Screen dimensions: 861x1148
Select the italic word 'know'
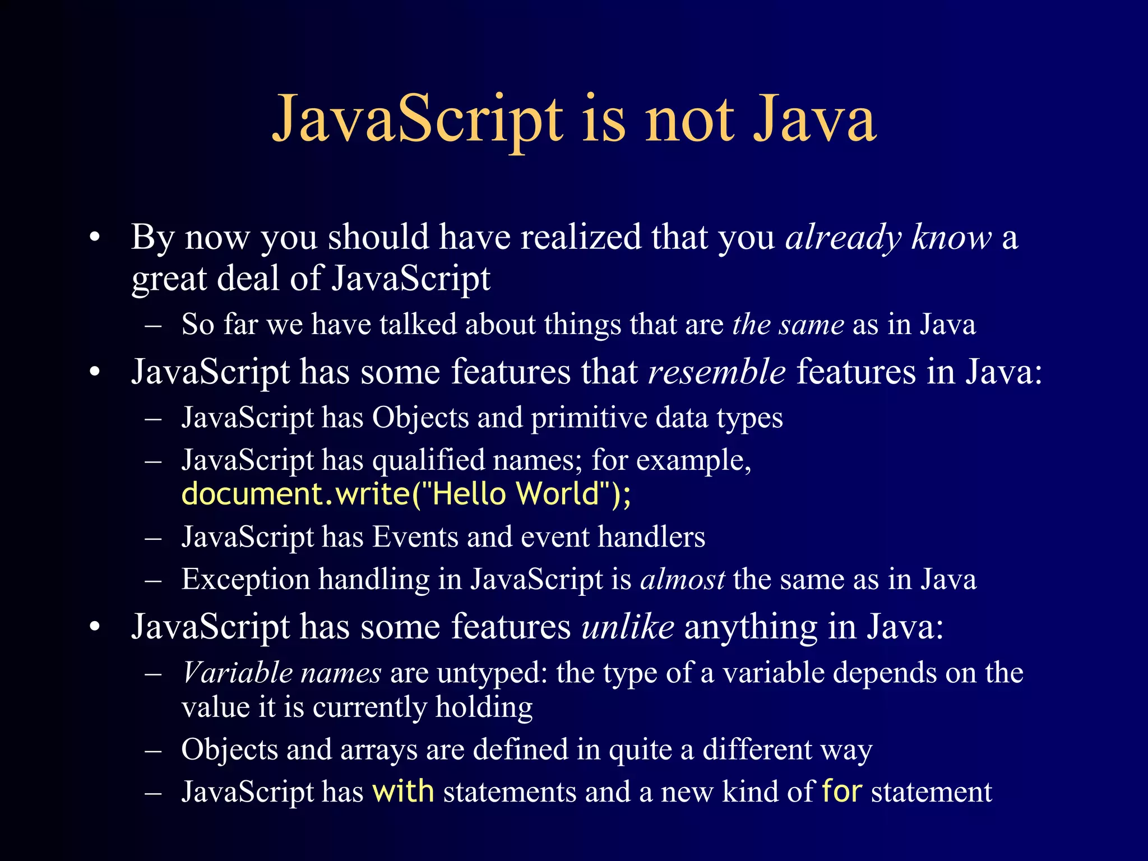951,237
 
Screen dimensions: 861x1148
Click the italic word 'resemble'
717,372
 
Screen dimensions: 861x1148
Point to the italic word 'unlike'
628,626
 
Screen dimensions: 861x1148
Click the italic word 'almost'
683,579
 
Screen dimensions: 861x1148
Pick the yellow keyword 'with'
403,791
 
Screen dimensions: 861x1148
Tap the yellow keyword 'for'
841,791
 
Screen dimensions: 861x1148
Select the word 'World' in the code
558,494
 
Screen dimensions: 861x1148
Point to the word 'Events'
415,537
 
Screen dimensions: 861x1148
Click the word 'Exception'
246,580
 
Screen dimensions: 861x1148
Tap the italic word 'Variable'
237,673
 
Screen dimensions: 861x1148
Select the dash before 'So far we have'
153,325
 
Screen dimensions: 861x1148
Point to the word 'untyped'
488,674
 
